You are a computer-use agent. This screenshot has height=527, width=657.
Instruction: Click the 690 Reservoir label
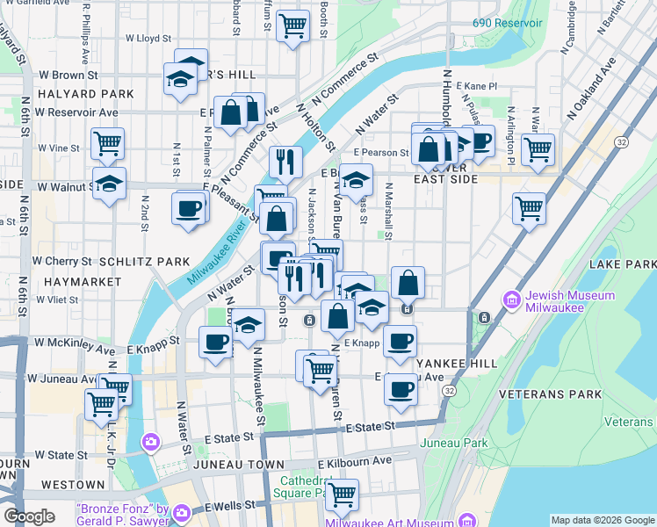[x=509, y=22]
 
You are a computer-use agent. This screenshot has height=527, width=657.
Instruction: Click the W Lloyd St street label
[x=148, y=39]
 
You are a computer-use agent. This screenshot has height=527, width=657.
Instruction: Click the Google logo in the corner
[x=29, y=516]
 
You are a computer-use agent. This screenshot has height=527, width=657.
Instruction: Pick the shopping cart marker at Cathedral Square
[x=341, y=493]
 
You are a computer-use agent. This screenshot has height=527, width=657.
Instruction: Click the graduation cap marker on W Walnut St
[x=109, y=184]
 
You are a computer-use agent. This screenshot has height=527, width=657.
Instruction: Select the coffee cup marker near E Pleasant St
[x=190, y=208]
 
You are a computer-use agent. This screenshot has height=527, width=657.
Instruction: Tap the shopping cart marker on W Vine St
[x=107, y=142]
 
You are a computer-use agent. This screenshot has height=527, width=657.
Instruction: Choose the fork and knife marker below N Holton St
[x=285, y=161]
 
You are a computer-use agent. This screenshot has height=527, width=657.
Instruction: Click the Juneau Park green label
[x=454, y=444]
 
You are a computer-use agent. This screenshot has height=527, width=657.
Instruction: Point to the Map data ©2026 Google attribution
[x=602, y=520]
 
